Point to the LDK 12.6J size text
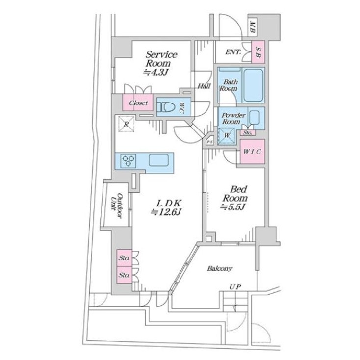(x=167, y=212)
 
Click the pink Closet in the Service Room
(x=139, y=103)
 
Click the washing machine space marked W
(x=227, y=134)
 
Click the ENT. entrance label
(x=233, y=52)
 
